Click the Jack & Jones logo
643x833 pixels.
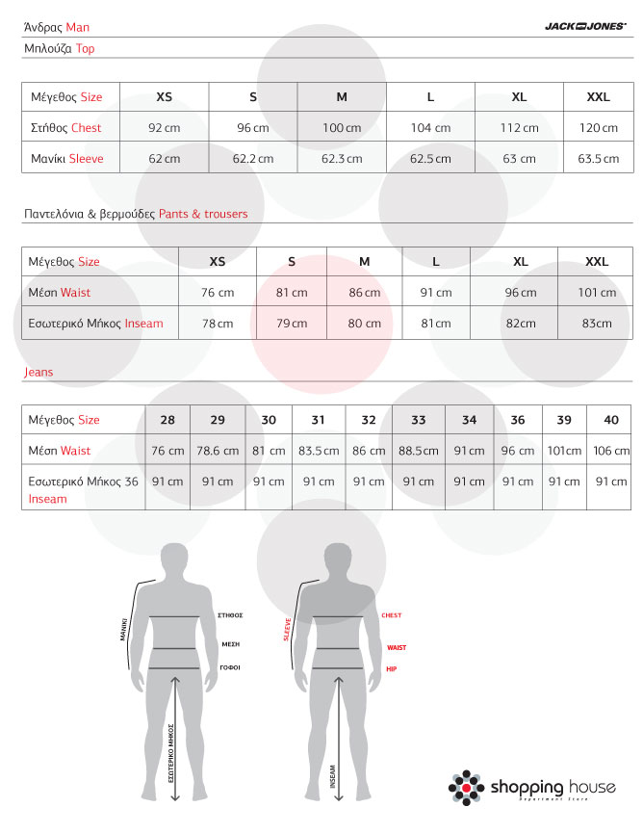pyautogui.click(x=585, y=28)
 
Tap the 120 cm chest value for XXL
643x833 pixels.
pyautogui.click(x=598, y=128)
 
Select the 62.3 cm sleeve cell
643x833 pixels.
pyautogui.click(x=342, y=159)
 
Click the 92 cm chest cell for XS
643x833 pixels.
pyautogui.click(x=164, y=128)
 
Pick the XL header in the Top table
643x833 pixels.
pyautogui.click(x=519, y=97)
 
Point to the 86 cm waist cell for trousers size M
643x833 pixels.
pyautogui.click(x=364, y=293)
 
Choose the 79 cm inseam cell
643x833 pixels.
pyautogui.click(x=292, y=324)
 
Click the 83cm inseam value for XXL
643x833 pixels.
pyautogui.click(x=597, y=324)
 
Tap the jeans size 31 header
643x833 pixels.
pyautogui.click(x=319, y=420)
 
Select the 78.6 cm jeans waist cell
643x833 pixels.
pyautogui.click(x=218, y=451)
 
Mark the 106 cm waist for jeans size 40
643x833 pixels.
pyautogui.click(x=611, y=451)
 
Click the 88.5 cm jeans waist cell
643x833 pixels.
pyautogui.click(x=419, y=451)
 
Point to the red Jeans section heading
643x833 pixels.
pyautogui.click(x=39, y=372)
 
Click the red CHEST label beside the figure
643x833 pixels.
pyautogui.click(x=391, y=615)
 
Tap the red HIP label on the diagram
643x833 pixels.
pyautogui.click(x=391, y=668)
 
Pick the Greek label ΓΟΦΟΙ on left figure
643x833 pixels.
pyautogui.click(x=230, y=666)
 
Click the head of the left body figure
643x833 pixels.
pyautogui.click(x=174, y=558)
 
